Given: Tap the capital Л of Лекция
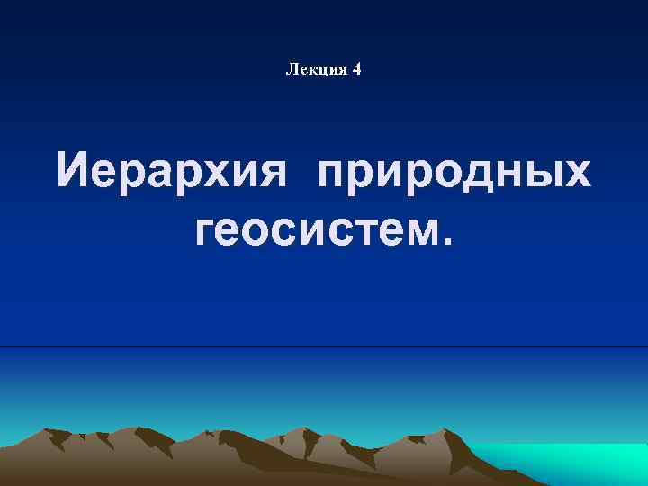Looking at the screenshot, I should pos(291,69).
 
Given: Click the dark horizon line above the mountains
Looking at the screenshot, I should pos(324,346).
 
